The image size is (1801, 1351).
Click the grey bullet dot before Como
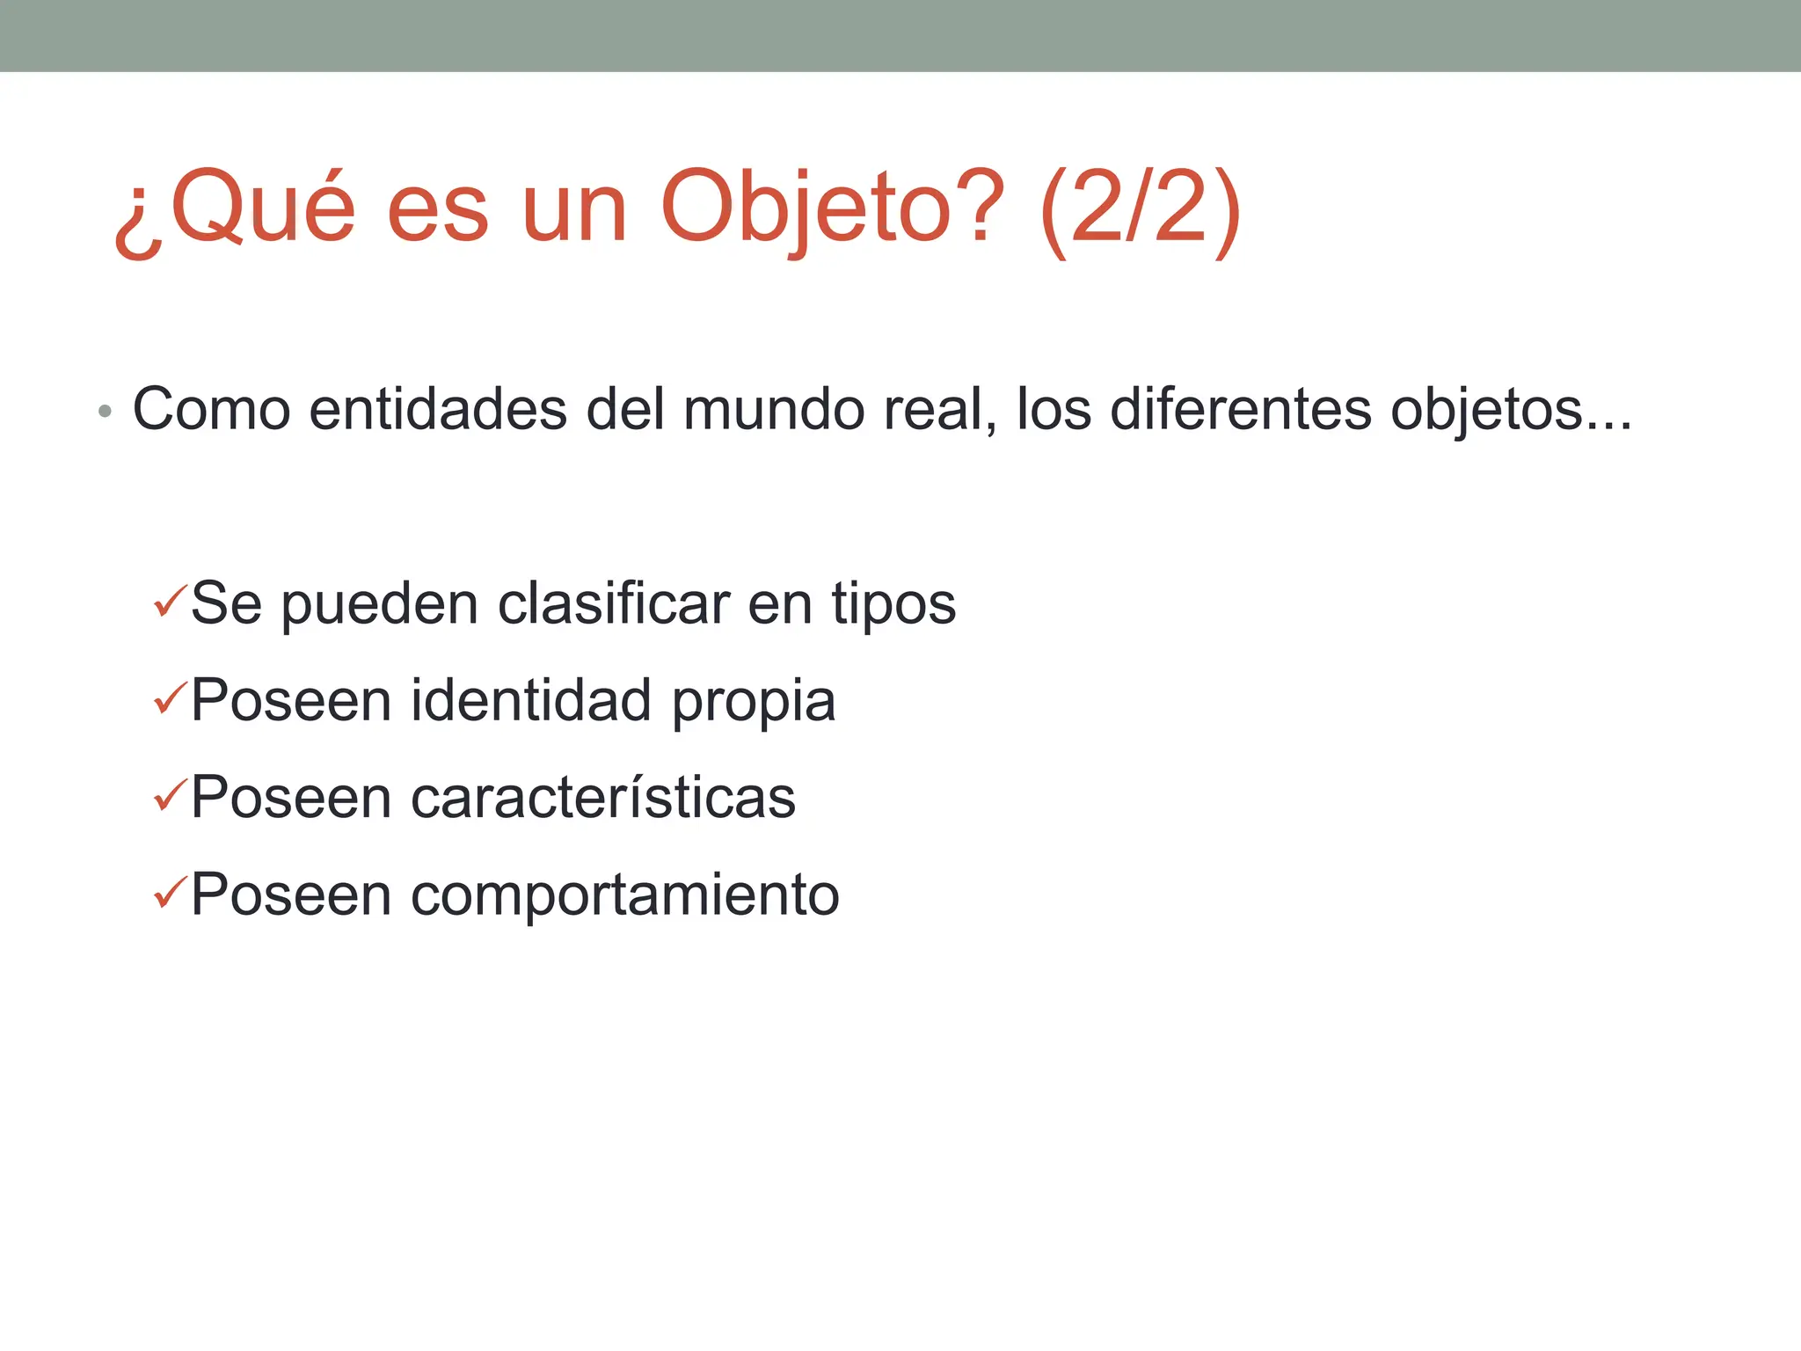[x=106, y=411]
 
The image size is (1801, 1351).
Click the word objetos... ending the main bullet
[x=1511, y=411]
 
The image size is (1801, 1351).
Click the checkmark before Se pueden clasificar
[x=169, y=602]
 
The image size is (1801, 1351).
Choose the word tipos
[x=893, y=606]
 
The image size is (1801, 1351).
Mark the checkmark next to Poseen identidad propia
[x=169, y=699]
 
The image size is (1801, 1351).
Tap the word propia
[x=754, y=703]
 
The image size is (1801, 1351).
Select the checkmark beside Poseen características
[x=169, y=796]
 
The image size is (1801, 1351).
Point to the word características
[x=603, y=798]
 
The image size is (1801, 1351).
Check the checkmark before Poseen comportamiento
[x=169, y=894]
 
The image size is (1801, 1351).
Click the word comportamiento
[x=625, y=895]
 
